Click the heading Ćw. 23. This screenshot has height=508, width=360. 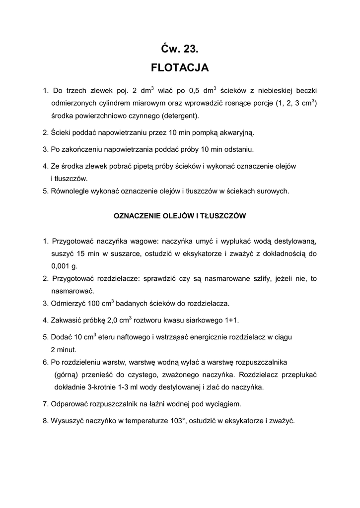click(180, 49)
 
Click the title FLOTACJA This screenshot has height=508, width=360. click(180, 67)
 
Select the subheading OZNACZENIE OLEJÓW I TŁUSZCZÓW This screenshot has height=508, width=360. click(180, 216)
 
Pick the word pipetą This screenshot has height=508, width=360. click(140, 166)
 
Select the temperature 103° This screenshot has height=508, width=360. click(175, 421)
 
